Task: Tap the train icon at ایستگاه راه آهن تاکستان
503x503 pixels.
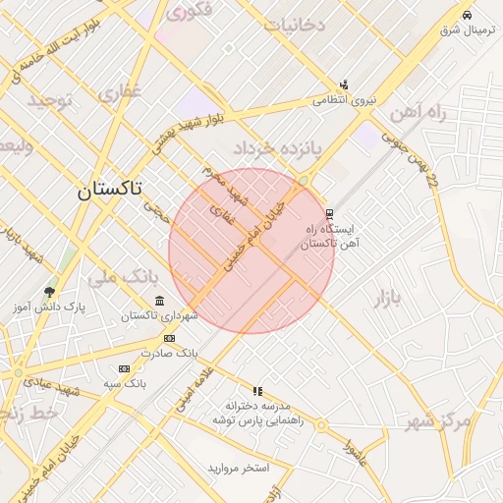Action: point(329,212)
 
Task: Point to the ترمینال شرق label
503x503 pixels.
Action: point(462,30)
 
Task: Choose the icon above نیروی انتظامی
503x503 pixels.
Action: point(344,84)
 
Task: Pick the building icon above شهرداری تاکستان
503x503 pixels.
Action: point(159,301)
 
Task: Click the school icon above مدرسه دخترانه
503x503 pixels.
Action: point(257,390)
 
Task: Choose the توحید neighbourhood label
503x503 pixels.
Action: point(50,100)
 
